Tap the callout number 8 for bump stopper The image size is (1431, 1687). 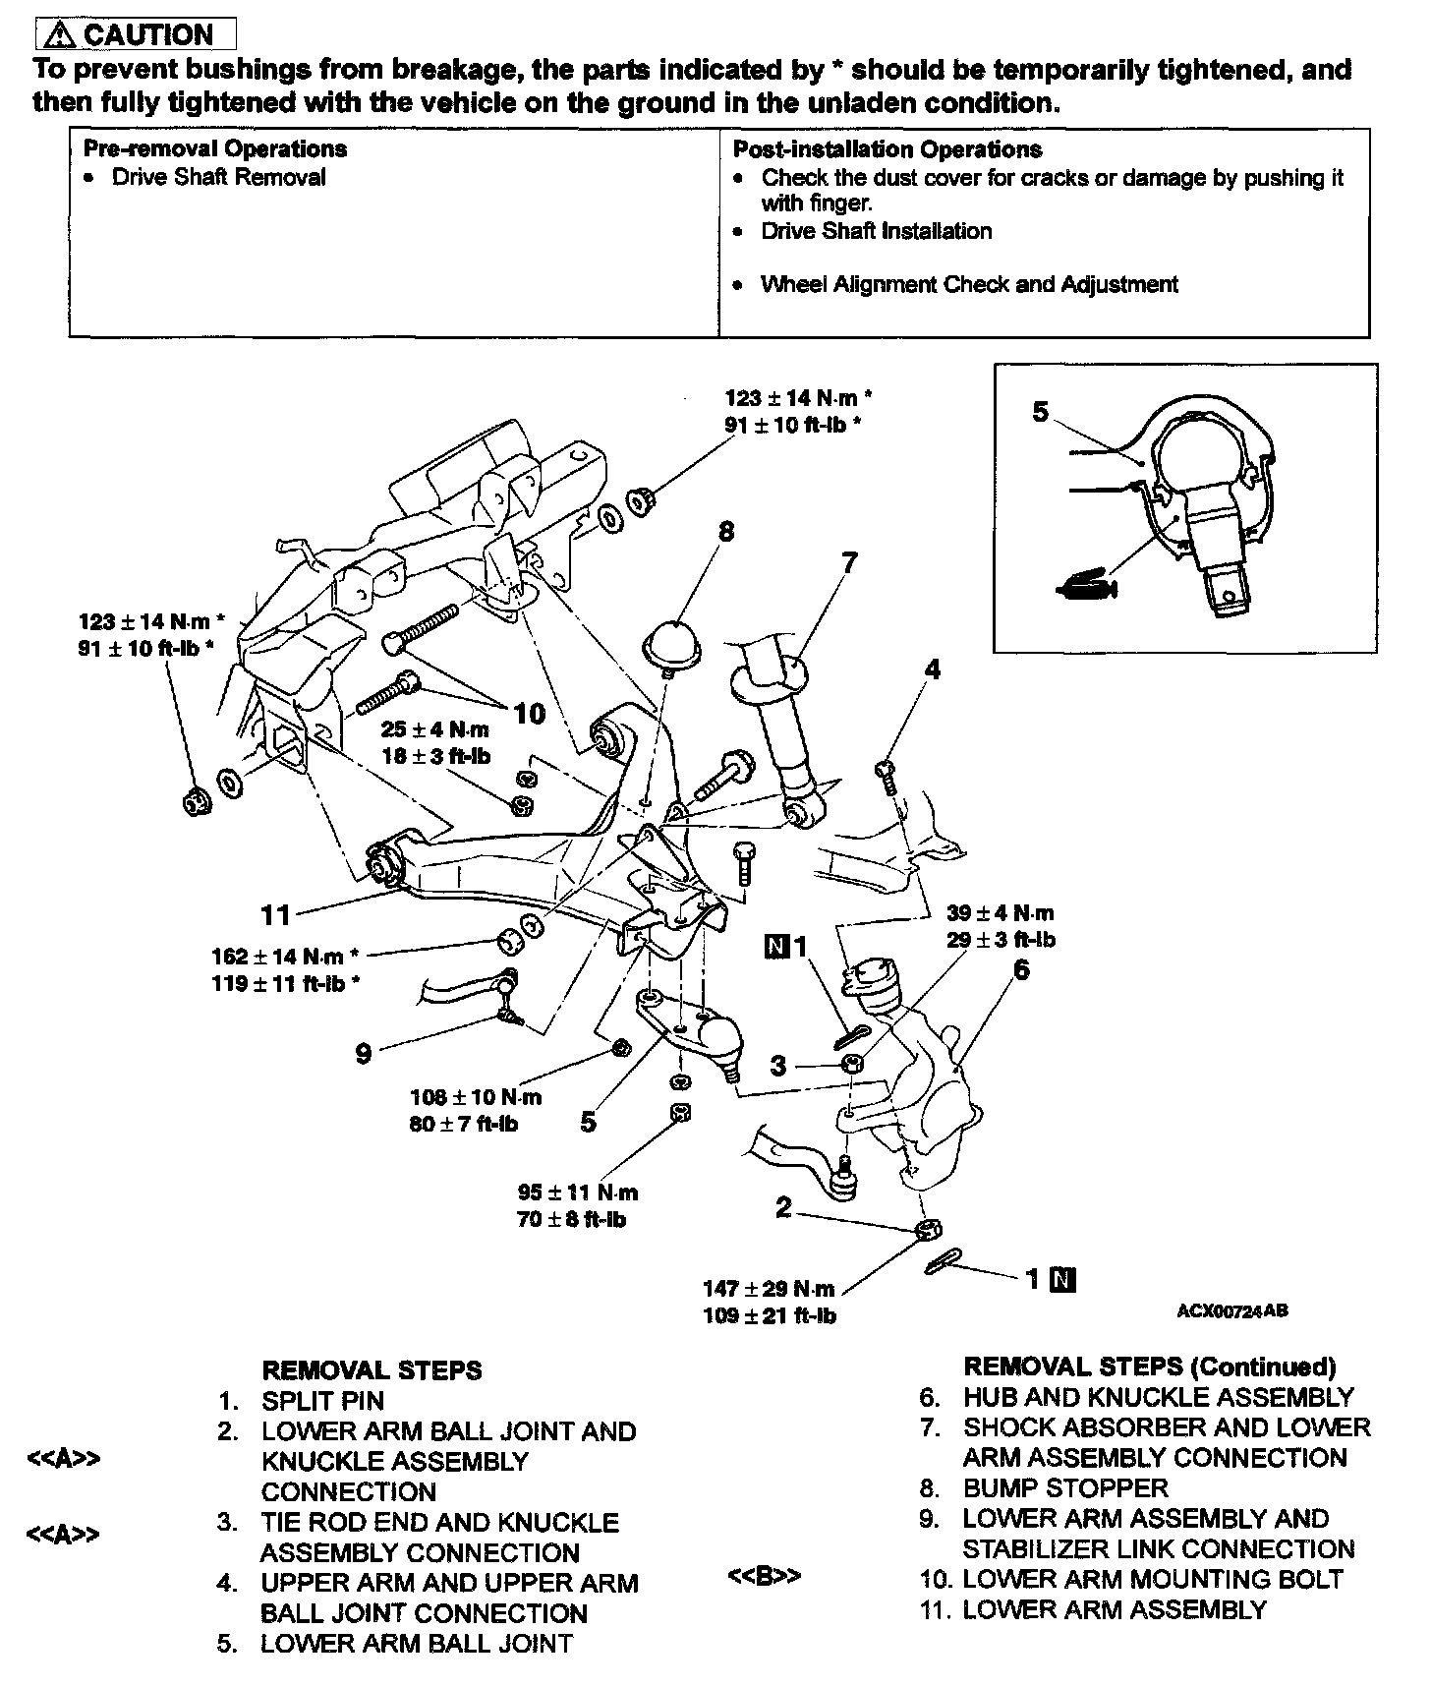tap(726, 532)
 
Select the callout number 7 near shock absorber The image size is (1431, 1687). tap(849, 562)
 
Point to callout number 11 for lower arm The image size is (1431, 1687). tap(275, 915)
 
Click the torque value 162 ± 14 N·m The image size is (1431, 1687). tap(277, 957)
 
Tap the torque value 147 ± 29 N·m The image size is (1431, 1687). tap(769, 1289)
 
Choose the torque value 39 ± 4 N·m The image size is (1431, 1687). tap(1001, 913)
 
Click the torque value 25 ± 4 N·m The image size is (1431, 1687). tap(434, 730)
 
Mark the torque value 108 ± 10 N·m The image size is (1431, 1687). tap(476, 1097)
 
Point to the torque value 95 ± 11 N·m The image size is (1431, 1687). tap(578, 1193)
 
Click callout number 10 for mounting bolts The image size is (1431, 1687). tap(529, 713)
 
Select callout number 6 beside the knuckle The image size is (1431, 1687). tap(1021, 969)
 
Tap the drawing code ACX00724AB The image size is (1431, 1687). tap(1232, 1310)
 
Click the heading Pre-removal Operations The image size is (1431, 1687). tap(214, 149)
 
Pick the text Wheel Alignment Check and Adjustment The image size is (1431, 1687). tap(969, 285)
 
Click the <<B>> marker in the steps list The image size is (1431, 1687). tap(764, 1575)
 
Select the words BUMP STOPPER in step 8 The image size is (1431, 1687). tap(1065, 1487)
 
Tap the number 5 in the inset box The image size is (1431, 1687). tap(1041, 412)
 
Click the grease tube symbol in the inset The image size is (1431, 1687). tap(1086, 588)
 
